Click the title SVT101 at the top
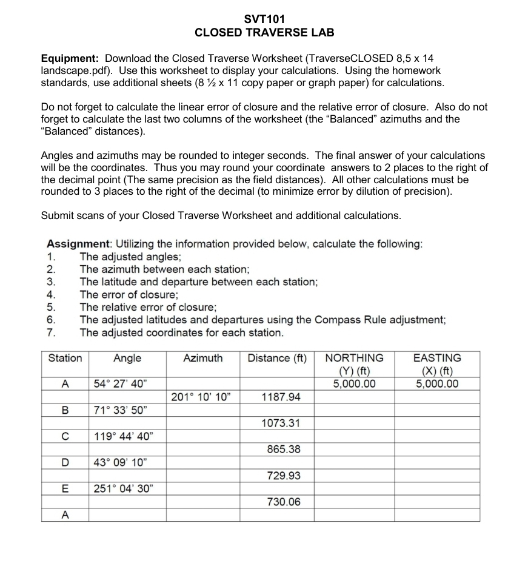click(x=264, y=19)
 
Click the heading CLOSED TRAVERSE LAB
click(x=264, y=33)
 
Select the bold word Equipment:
click(x=70, y=58)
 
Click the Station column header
click(x=65, y=358)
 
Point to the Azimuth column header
click(x=202, y=358)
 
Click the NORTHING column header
click(x=354, y=358)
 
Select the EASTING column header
click(x=436, y=358)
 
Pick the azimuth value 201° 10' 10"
click(x=200, y=397)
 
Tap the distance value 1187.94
click(x=281, y=397)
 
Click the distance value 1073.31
click(x=281, y=423)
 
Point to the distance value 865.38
click(x=284, y=450)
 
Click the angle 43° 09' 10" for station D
click(x=120, y=463)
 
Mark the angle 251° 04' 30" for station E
click(x=123, y=489)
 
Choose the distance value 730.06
click(x=284, y=502)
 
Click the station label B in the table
click(x=65, y=410)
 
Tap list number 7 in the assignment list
click(x=51, y=332)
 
